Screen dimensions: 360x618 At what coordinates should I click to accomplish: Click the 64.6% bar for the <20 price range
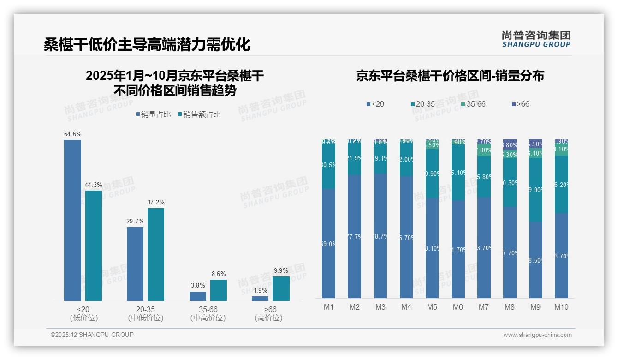tap(72, 220)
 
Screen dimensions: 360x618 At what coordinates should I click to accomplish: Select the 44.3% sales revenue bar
tap(93, 246)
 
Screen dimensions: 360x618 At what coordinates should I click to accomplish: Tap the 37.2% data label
tap(155, 202)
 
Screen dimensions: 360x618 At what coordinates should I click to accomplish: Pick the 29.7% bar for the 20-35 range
tap(135, 264)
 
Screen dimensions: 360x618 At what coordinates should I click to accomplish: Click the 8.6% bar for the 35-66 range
tap(219, 290)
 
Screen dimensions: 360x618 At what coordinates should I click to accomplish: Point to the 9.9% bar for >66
tap(281, 288)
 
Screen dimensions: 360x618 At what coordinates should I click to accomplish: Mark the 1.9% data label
tap(260, 290)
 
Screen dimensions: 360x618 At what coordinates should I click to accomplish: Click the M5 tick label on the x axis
tap(432, 307)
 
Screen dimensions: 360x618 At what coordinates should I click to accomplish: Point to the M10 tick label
tap(561, 307)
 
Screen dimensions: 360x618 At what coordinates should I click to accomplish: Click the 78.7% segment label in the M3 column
tap(380, 236)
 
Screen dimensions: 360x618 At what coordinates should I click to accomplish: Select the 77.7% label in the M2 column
tap(355, 237)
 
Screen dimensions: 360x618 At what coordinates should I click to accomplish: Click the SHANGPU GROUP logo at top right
tap(536, 39)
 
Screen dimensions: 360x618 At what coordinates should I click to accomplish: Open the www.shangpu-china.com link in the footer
tap(537, 335)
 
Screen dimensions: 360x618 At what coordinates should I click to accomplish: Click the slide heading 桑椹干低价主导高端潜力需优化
tap(147, 45)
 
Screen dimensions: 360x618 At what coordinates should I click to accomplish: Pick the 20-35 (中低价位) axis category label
tap(145, 313)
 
